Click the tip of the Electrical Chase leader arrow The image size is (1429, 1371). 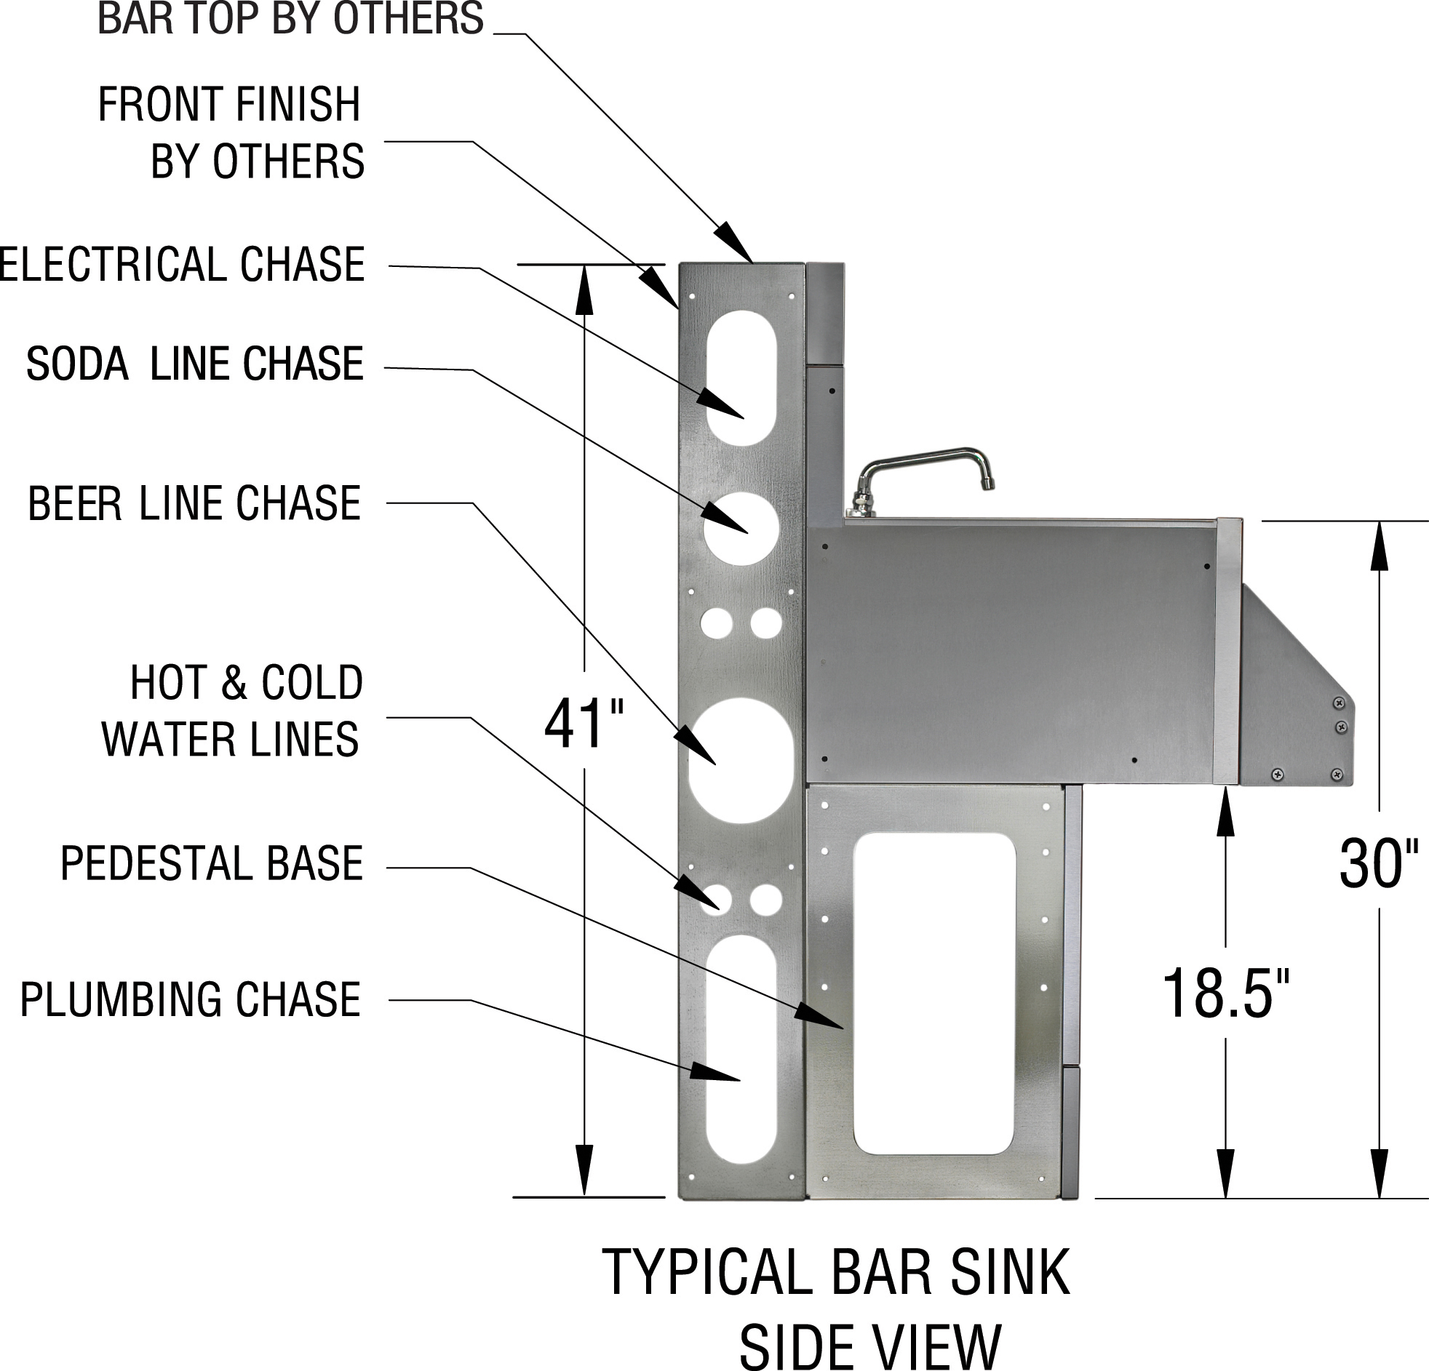pos(744,418)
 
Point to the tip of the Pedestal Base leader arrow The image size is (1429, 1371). pos(844,1028)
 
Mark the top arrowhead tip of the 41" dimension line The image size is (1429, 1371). pos(584,265)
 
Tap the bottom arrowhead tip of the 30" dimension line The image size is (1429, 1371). pos(1379,1197)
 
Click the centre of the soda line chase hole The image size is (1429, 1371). pos(740,529)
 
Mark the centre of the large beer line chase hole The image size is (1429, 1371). pos(741,760)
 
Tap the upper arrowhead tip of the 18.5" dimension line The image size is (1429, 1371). pos(1225,788)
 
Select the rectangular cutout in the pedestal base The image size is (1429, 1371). pos(935,994)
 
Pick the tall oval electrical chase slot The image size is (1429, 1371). pos(742,377)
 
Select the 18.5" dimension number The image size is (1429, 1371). pos(1225,994)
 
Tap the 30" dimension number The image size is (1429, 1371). pos(1379,864)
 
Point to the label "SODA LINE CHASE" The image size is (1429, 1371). pos(195,364)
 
